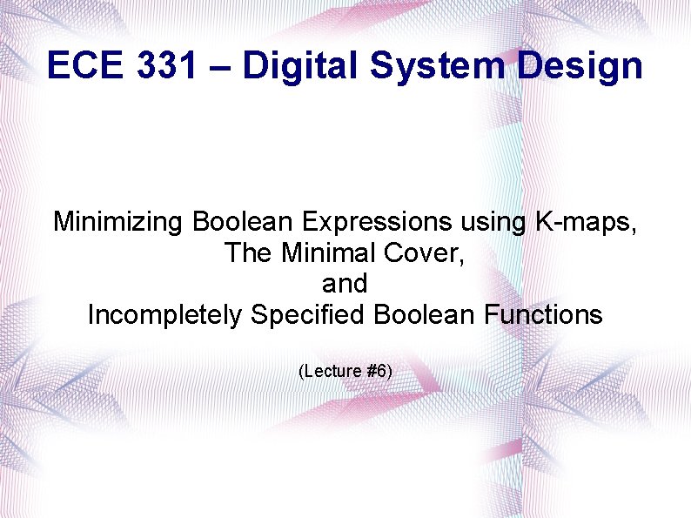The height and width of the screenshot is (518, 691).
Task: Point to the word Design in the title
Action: tap(580, 65)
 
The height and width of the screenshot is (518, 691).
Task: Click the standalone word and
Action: tap(345, 284)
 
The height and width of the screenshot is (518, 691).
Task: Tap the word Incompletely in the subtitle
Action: tap(164, 314)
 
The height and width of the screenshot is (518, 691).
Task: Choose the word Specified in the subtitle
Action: tap(308, 314)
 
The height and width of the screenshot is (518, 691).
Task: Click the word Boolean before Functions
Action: tap(420, 314)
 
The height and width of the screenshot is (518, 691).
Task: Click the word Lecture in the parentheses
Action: tap(334, 372)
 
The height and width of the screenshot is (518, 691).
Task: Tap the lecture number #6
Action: tap(379, 372)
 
